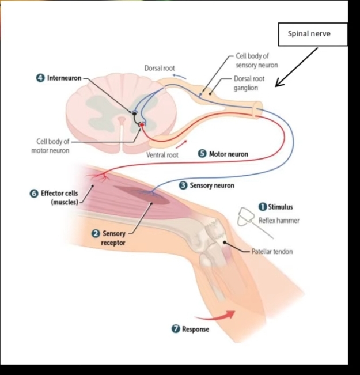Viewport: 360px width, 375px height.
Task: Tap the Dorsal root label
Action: click(x=160, y=69)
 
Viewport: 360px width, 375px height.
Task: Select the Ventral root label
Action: click(x=162, y=155)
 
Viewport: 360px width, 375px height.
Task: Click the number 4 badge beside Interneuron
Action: click(x=41, y=78)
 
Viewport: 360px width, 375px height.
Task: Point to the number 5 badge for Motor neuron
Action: click(x=202, y=154)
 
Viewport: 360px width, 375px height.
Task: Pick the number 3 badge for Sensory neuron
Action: click(x=183, y=185)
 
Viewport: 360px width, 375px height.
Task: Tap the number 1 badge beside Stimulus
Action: click(x=262, y=206)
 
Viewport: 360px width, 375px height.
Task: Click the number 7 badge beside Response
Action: click(x=176, y=329)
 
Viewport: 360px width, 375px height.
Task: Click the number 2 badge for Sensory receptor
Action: click(x=96, y=233)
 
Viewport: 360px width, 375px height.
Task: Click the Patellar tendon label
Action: click(x=272, y=252)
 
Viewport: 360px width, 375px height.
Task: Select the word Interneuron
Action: click(x=64, y=78)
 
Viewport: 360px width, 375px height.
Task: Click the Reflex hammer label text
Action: click(x=279, y=220)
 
